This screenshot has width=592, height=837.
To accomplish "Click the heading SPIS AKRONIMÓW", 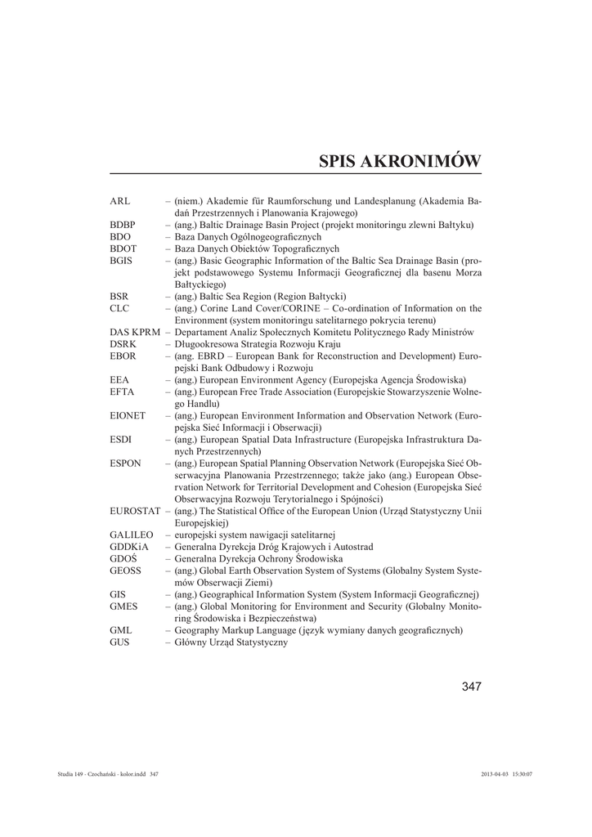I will point(400,160).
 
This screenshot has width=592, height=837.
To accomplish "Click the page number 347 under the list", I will point(471,687).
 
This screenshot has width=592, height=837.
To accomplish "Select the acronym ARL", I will point(119,201).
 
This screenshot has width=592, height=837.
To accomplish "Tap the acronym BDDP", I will point(123,225).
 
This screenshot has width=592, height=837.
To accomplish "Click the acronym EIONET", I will point(128,416).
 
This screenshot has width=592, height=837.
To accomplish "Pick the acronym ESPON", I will point(125,463).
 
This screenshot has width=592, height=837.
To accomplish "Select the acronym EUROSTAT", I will point(135,512).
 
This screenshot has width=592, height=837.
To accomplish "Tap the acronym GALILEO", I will point(132,535).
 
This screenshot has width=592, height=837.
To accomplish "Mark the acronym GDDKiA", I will point(129,547).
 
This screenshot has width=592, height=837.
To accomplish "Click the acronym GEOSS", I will point(126,571).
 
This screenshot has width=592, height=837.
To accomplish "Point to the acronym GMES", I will point(123,606).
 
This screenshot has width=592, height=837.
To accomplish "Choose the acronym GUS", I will point(119,642).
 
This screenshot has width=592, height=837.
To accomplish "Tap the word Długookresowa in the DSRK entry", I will point(206,344).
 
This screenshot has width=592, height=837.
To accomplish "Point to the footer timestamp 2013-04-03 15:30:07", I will point(507,773).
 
